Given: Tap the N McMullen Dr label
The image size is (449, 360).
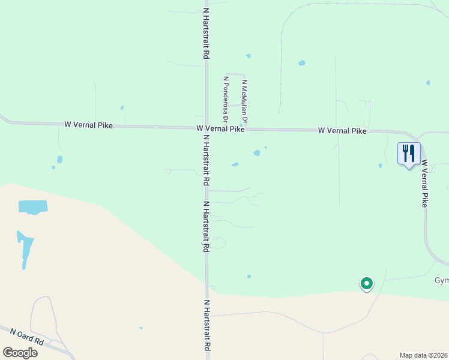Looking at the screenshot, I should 244,100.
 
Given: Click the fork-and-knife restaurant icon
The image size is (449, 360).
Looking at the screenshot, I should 409,154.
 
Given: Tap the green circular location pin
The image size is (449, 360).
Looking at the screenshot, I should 366,283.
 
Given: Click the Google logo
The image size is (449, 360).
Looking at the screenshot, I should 20,353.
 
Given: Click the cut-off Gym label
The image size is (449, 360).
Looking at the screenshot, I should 441,281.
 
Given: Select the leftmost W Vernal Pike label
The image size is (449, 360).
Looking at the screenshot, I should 89,125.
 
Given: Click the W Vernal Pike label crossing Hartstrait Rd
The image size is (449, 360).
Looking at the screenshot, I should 220,128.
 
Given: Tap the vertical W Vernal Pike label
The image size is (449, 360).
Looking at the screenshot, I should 424,183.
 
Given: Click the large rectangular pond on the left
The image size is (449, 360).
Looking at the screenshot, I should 32,206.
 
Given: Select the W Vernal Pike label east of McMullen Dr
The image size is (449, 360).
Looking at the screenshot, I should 342,130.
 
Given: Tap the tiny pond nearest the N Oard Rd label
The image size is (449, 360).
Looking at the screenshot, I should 141,328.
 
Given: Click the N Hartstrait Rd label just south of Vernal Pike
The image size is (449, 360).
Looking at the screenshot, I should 206,160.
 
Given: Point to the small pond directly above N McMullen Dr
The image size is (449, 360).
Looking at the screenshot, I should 248,56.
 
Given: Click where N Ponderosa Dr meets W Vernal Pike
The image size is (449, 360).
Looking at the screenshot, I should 226,128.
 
